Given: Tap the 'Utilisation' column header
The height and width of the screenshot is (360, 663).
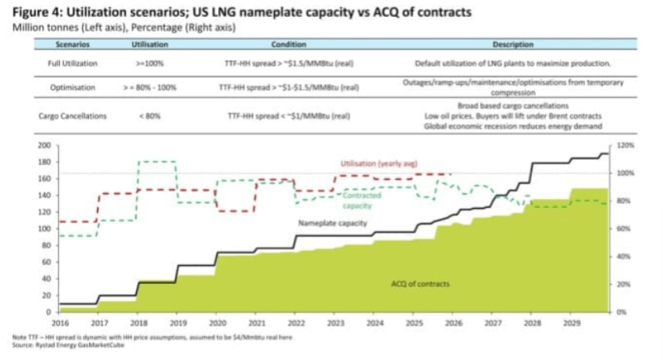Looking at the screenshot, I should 150,45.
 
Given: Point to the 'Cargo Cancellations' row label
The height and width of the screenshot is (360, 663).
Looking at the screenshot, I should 73,116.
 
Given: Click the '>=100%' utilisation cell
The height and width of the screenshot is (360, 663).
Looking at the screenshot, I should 150,62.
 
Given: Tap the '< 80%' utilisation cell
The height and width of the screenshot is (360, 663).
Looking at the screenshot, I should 150,116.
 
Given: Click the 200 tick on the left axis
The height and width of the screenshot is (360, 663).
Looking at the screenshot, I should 44,146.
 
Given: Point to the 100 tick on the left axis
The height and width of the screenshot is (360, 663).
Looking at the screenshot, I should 44,228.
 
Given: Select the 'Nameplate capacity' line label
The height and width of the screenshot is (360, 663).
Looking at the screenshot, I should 333,222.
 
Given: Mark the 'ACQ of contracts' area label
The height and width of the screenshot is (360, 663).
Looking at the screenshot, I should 420,284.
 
